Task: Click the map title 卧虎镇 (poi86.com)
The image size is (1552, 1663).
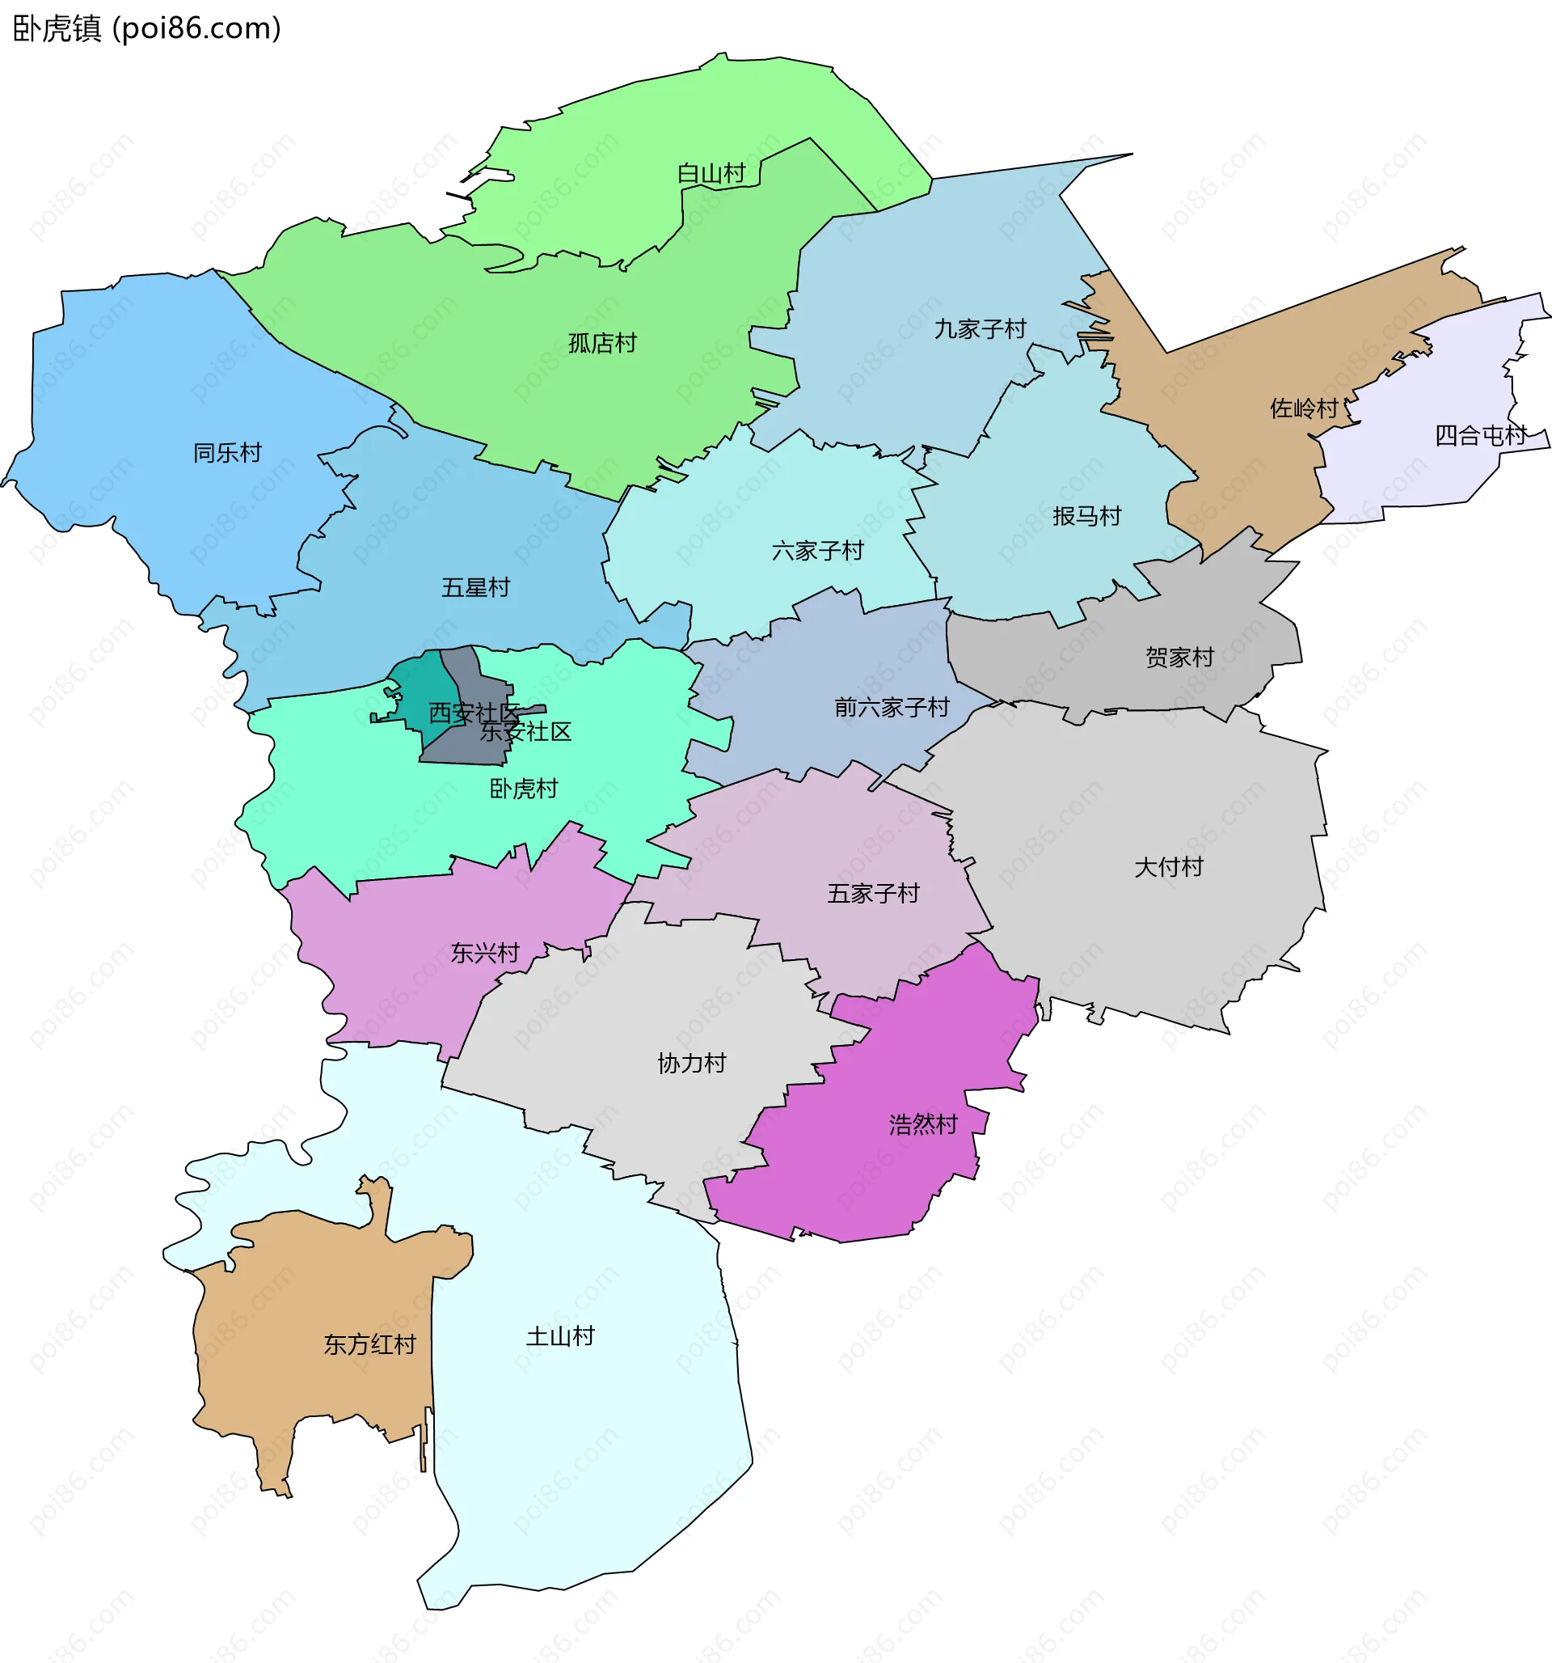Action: click(x=146, y=28)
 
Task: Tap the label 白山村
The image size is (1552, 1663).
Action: click(x=711, y=174)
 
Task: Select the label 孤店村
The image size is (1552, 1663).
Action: click(x=602, y=343)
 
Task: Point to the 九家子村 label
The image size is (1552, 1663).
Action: click(x=979, y=328)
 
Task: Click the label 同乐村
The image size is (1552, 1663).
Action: click(x=227, y=453)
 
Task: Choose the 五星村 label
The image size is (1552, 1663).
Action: click(x=475, y=587)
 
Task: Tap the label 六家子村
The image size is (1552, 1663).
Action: click(x=817, y=551)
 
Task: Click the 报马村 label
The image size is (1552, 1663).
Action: click(x=1086, y=516)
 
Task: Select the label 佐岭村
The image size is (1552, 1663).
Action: click(x=1304, y=408)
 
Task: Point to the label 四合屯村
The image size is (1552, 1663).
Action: click(x=1480, y=435)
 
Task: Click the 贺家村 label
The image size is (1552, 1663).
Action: click(x=1179, y=657)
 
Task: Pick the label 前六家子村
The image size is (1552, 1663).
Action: click(x=892, y=708)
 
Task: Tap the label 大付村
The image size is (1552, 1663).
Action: click(x=1168, y=866)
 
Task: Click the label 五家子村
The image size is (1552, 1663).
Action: click(x=873, y=894)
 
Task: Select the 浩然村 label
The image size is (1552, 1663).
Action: click(x=923, y=1124)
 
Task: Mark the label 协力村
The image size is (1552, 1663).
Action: click(x=692, y=1063)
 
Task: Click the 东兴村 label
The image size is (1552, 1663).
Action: click(x=485, y=953)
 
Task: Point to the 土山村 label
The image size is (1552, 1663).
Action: click(x=559, y=1336)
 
